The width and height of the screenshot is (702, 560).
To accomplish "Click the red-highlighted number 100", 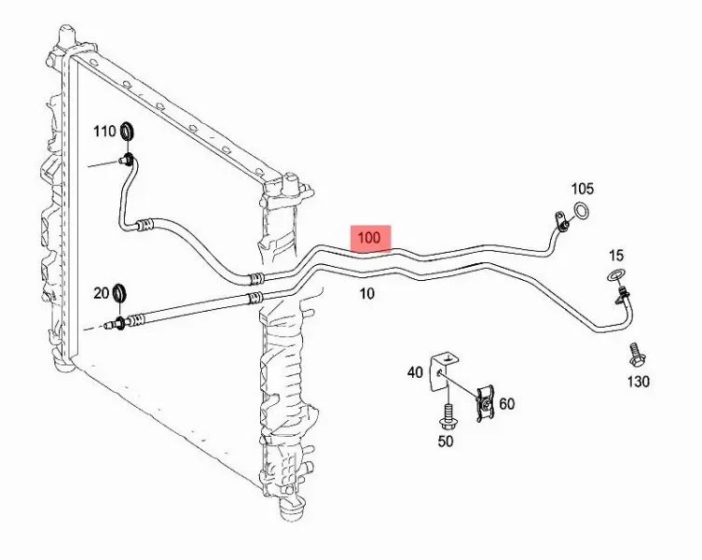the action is [369, 238].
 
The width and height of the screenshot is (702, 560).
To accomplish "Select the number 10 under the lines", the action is [366, 294].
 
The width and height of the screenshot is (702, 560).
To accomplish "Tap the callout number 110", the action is [104, 132].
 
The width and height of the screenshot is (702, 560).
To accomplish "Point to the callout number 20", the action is [102, 293].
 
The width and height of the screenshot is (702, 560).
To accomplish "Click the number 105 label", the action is [582, 189].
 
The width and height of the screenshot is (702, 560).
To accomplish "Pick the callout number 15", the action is [616, 256].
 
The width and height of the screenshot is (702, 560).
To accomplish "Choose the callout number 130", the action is [638, 382].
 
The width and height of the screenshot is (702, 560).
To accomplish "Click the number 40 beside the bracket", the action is [415, 372].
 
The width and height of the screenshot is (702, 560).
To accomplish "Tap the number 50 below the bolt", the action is [446, 441].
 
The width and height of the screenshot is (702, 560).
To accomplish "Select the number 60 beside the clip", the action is [506, 404].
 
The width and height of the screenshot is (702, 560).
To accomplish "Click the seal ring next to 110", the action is [129, 131].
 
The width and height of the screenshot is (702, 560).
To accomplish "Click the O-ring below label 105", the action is [582, 211].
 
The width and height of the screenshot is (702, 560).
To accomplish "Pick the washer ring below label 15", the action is [617, 275].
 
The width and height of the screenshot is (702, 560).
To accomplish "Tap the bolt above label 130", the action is [635, 355].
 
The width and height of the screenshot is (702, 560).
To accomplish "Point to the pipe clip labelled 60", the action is [485, 403].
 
